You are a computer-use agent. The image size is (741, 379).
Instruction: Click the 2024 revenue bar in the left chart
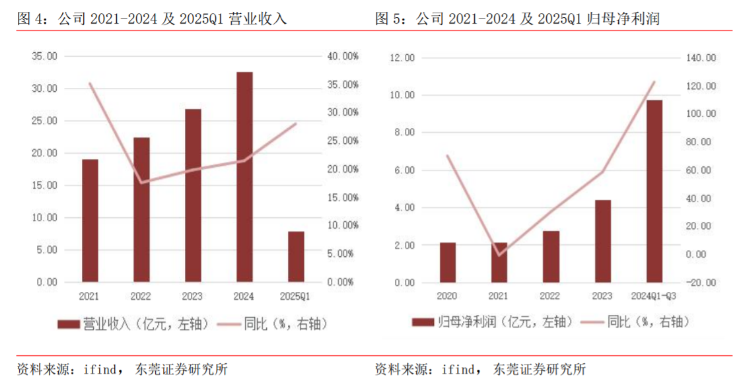[x=244, y=176]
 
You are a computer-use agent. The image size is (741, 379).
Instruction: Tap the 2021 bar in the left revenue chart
[x=90, y=220]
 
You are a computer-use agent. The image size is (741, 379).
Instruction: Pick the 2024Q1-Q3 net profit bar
[x=654, y=191]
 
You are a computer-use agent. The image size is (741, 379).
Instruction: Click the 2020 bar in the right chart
[x=448, y=262]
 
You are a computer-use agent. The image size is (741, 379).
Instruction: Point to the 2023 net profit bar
[x=602, y=240]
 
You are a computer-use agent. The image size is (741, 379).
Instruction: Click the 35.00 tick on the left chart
[x=45, y=57]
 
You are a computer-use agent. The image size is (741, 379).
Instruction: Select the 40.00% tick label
[x=341, y=57]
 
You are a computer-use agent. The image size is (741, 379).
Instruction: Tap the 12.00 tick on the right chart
[x=402, y=57]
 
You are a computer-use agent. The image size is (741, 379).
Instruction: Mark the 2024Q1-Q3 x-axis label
[x=654, y=295]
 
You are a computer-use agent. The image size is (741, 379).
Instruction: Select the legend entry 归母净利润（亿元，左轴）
[x=489, y=322]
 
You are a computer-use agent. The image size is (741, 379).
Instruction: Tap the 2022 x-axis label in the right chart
[x=550, y=295]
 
